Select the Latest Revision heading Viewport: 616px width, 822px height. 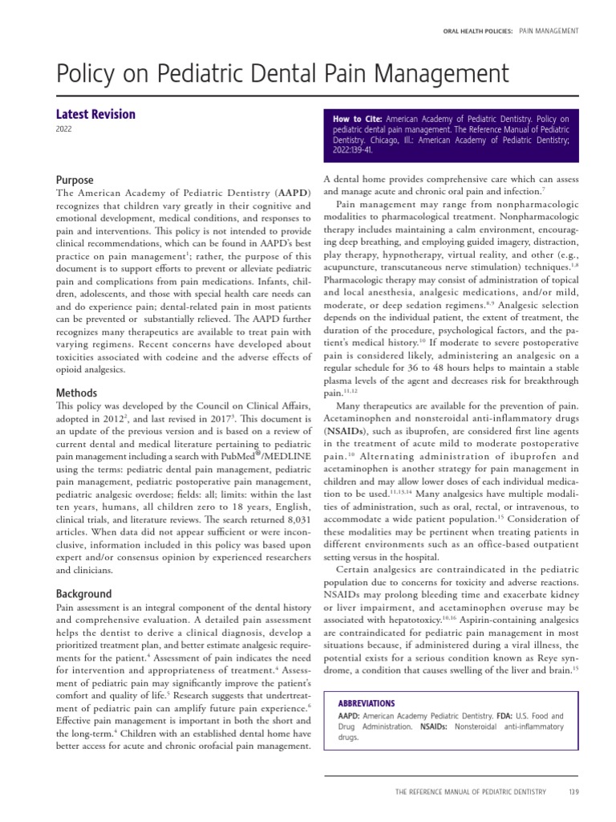pyautogui.click(x=95, y=114)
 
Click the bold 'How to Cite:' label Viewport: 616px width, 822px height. pyautogui.click(x=358, y=119)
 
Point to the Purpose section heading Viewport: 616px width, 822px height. pyautogui.click(x=75, y=181)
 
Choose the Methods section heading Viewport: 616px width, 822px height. pyautogui.click(x=77, y=393)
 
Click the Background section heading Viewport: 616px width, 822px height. pyautogui.click(x=83, y=594)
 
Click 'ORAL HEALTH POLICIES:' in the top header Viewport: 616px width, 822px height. pyautogui.click(x=477, y=31)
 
